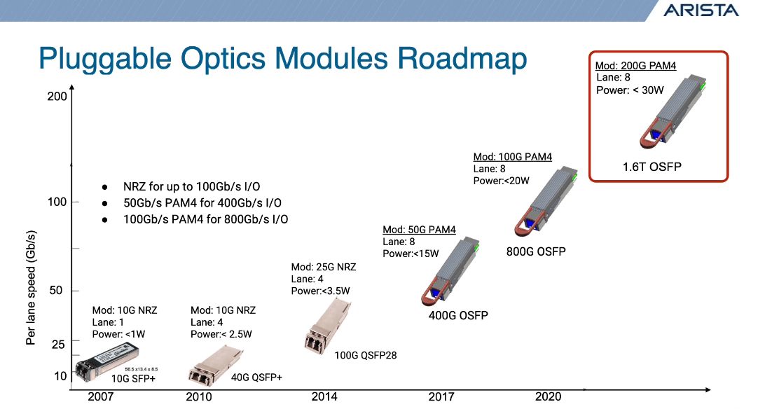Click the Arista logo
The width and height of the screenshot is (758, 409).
(x=701, y=10)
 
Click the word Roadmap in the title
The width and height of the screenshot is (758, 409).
(x=462, y=59)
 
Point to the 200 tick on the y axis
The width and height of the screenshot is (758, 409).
(x=57, y=96)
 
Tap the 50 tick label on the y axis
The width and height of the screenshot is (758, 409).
(x=55, y=290)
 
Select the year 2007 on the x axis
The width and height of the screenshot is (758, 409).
(x=101, y=397)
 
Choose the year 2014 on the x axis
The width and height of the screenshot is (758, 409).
(x=324, y=397)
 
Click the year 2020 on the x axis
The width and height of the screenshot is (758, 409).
(x=549, y=397)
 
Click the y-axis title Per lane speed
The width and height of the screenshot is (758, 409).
(x=31, y=288)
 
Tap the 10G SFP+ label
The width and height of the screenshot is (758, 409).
(x=133, y=379)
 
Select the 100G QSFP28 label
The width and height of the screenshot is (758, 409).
(x=366, y=355)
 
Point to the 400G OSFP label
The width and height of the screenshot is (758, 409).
(x=458, y=316)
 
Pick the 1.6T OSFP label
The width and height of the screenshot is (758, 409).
(x=652, y=167)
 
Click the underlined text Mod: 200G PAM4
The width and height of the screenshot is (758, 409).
(x=635, y=66)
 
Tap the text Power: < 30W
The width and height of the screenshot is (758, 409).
(x=630, y=90)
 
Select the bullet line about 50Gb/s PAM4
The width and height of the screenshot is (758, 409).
(x=202, y=203)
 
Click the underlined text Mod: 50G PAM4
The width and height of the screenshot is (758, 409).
(x=419, y=230)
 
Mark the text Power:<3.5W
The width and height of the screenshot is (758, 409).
(x=321, y=291)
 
